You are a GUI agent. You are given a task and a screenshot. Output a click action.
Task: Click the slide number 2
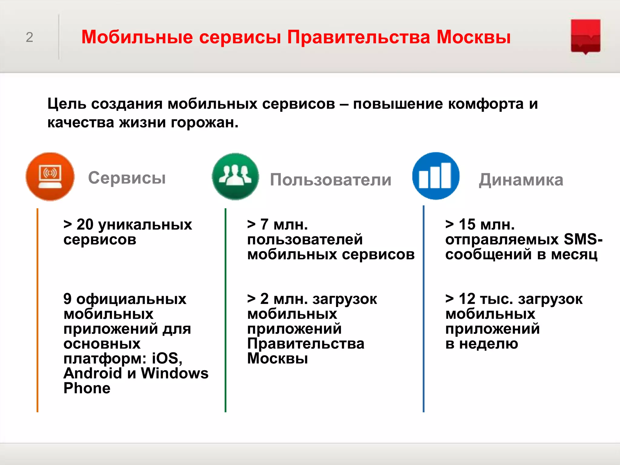point(29,38)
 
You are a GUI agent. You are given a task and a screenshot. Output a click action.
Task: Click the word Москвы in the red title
point(473,37)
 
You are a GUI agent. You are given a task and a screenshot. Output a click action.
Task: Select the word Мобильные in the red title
point(137,37)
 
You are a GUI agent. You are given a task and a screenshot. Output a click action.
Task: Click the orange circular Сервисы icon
point(50,176)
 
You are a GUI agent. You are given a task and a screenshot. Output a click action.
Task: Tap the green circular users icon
point(236,176)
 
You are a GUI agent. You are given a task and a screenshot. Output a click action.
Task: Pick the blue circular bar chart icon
point(436,176)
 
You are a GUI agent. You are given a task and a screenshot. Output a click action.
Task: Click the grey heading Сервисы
point(127,178)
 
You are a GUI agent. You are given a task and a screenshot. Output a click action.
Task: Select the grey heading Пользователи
point(331,180)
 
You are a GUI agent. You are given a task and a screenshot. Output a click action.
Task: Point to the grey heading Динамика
point(521,180)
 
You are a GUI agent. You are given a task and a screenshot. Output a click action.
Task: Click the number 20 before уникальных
point(85,225)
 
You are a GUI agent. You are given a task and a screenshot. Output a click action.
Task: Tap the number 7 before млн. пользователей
point(264,225)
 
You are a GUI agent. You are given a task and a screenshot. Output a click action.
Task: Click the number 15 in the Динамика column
point(467,225)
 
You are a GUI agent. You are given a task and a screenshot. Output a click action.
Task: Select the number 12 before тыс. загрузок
point(467,299)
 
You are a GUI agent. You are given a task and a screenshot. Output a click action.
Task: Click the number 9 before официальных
point(68,299)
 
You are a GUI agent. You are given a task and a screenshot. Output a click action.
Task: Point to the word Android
point(93,373)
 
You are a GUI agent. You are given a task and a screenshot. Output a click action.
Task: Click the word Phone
point(87,388)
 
